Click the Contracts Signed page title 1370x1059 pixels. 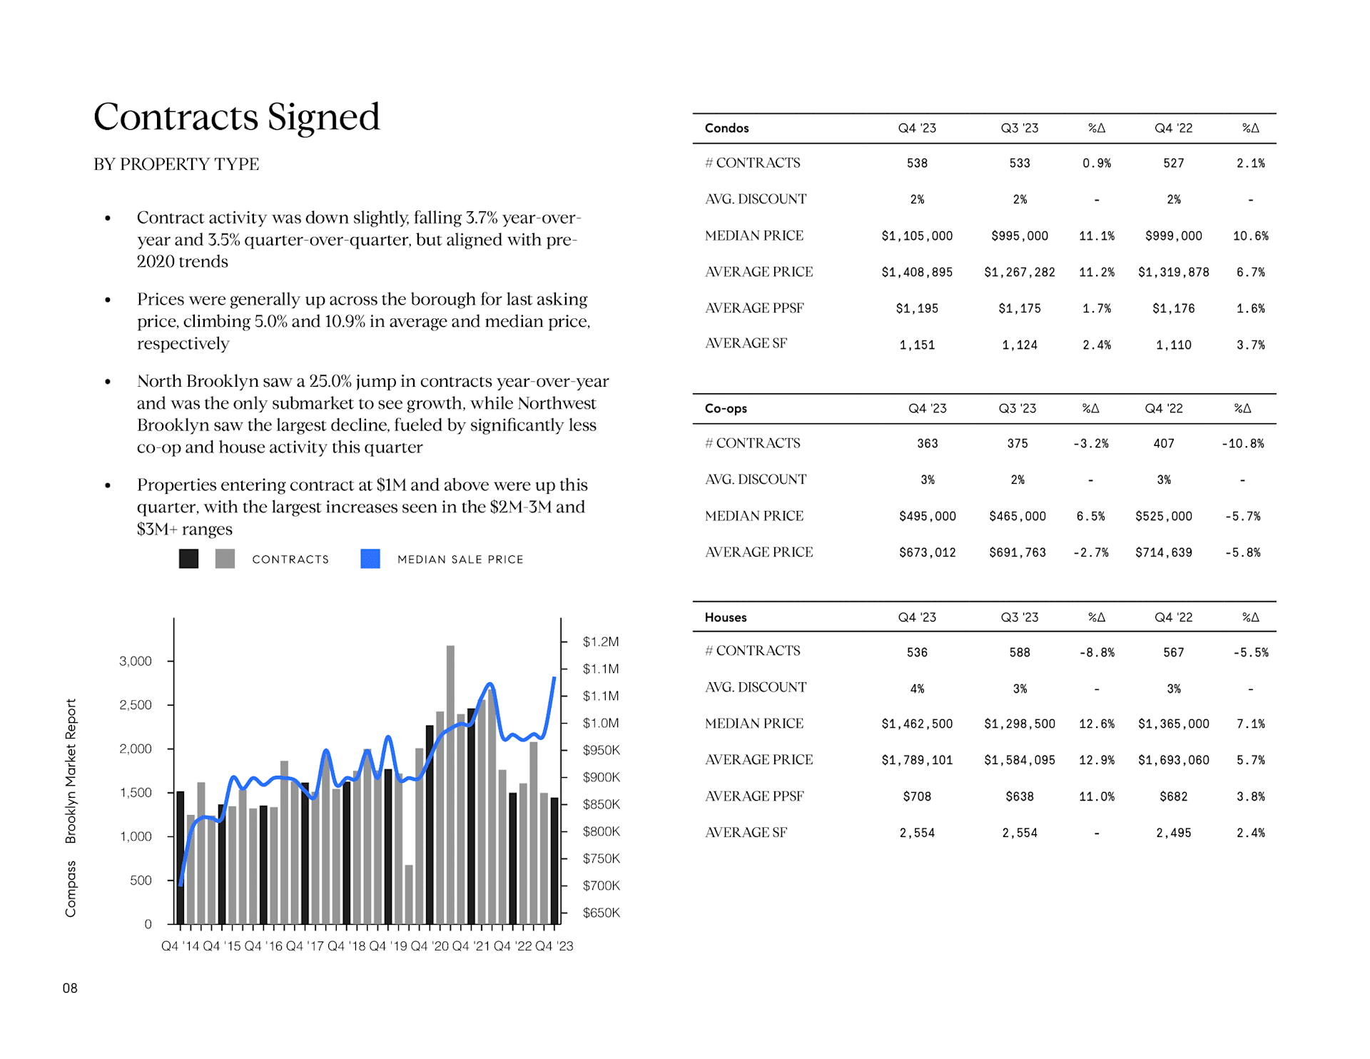point(236,117)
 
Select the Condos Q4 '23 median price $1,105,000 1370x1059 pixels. point(917,236)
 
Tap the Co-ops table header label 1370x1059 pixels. point(726,409)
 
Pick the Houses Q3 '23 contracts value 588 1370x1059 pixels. point(1020,652)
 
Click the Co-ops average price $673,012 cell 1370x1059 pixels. point(927,552)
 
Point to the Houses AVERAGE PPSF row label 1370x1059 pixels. point(754,796)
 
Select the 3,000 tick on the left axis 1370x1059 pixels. point(136,662)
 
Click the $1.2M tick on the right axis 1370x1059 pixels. point(601,642)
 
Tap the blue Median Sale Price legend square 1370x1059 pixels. point(370,559)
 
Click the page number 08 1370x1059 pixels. point(70,988)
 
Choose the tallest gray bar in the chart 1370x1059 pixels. point(450,785)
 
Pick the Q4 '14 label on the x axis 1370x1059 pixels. point(181,946)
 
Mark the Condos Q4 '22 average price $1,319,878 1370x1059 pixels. point(1173,273)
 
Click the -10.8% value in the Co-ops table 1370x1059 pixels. point(1242,444)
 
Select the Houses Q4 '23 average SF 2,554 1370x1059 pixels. point(917,833)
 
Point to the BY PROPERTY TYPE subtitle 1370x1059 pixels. point(176,164)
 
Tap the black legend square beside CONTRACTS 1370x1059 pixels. point(189,559)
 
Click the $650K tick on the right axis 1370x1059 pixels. point(601,913)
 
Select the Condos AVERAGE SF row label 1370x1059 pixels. point(746,344)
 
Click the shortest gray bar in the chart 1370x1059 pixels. point(409,895)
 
